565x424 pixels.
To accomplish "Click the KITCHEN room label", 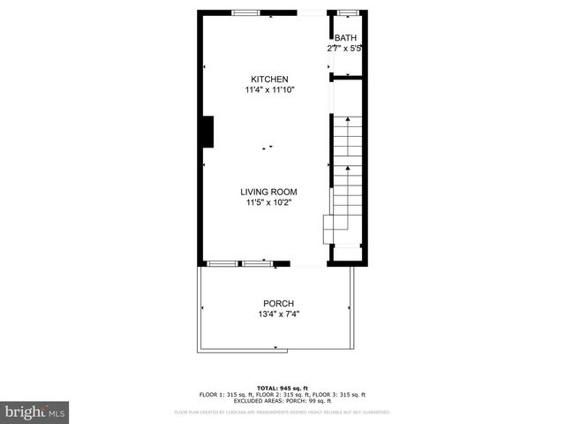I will [269, 79].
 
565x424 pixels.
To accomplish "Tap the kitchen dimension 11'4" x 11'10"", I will [269, 90].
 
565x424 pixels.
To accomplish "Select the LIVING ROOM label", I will [269, 192].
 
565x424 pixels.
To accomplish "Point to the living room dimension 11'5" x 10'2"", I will [269, 202].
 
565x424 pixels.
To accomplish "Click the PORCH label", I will [278, 304].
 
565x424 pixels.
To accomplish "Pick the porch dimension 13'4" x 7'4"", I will [278, 314].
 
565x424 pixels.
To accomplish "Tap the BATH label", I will [344, 38].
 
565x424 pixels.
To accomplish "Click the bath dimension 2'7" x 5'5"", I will [344, 49].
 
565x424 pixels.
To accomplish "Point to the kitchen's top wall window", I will [246, 12].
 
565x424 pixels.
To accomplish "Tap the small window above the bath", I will [349, 12].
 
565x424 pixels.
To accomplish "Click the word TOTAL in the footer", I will [267, 389].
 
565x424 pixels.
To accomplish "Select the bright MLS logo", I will [35, 412].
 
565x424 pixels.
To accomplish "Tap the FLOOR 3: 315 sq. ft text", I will [338, 395].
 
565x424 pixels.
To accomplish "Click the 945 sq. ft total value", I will [292, 389].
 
